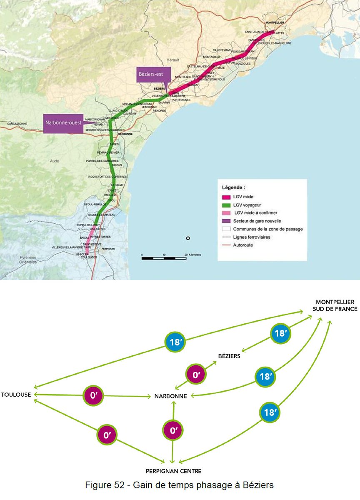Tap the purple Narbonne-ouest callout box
[x=63, y=123]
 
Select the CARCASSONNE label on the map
[x=17, y=124]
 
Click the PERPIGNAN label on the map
[x=108, y=248]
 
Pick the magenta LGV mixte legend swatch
[x=227, y=197]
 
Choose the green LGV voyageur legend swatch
[x=227, y=205]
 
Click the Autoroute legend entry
[x=243, y=245]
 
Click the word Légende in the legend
[x=233, y=187]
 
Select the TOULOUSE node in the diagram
[x=16, y=395]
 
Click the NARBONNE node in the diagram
[x=170, y=396]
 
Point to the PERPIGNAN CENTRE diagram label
[x=173, y=471]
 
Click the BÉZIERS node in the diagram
[x=229, y=356]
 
